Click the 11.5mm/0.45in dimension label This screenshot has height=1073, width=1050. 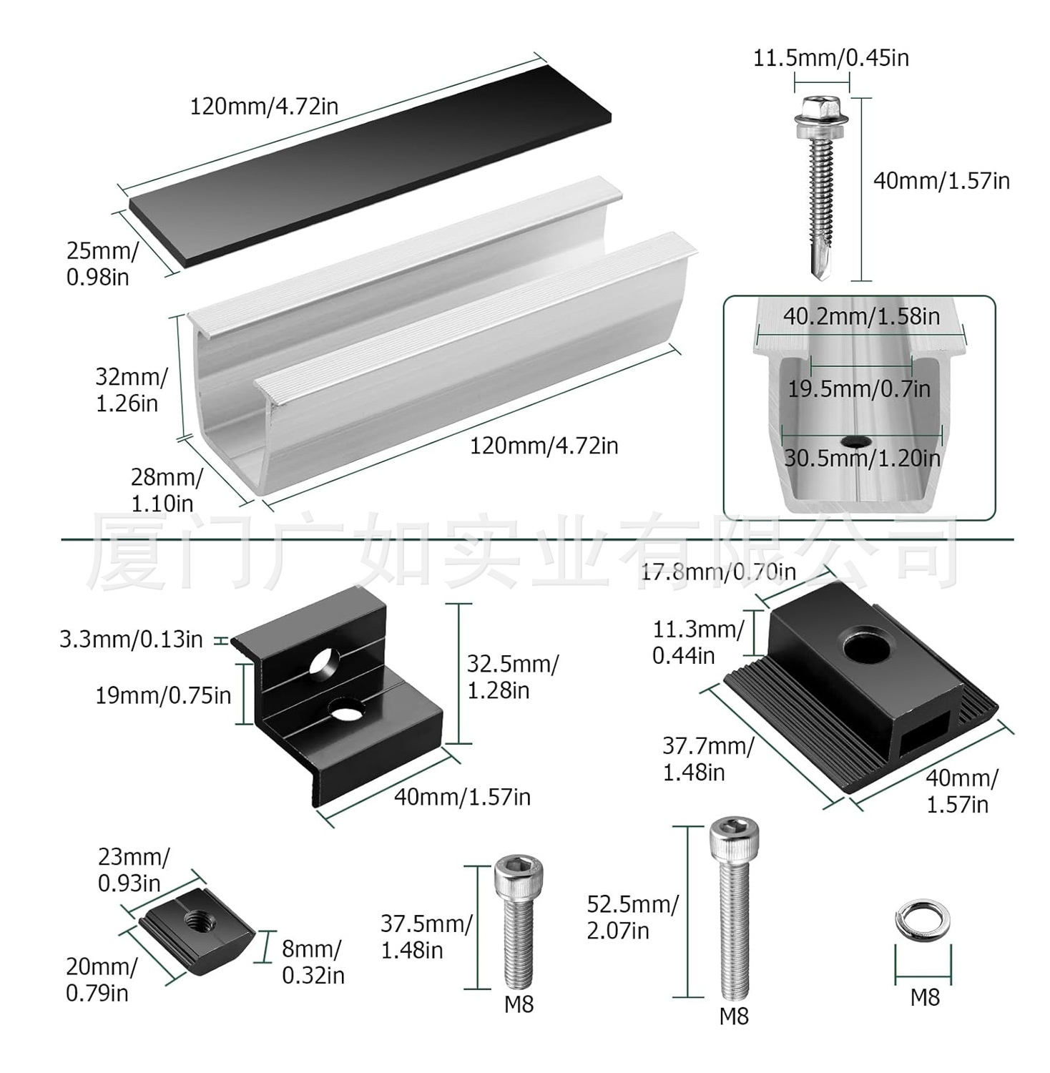pos(830,57)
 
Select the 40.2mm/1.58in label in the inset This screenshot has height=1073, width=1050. pos(861,316)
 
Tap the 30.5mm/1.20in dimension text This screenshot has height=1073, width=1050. pos(862,458)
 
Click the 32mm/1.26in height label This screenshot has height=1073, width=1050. pos(131,390)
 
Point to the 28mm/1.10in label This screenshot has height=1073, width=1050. pos(165,490)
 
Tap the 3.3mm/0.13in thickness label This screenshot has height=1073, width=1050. pos(132,639)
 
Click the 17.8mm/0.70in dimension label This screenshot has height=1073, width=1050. pos(717,572)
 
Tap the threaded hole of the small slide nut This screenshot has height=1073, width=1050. pos(199,919)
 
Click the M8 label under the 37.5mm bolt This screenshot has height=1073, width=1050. pos(519,1004)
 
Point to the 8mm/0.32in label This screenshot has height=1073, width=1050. pos(313,962)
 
